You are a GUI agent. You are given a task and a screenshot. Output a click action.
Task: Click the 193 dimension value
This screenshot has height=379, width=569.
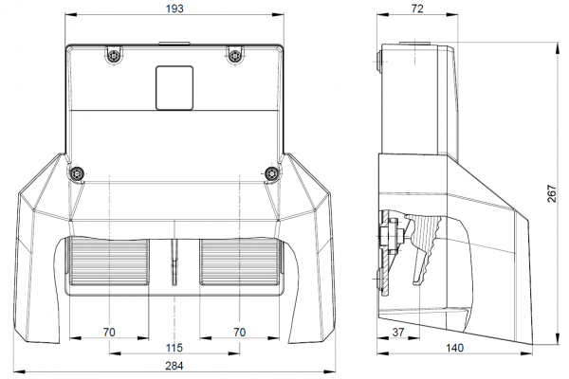pos(174,9)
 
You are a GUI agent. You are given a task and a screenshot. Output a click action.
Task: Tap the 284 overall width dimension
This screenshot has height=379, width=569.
pos(174,366)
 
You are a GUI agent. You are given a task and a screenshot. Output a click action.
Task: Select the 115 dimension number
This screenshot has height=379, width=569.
pos(174,348)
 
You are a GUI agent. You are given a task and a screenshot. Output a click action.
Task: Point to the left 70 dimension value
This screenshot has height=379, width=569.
pos(109,333)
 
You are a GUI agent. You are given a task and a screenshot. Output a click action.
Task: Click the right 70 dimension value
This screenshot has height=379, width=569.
pos(240,333)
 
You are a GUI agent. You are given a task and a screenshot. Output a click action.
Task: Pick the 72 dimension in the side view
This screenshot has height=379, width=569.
pos(417,9)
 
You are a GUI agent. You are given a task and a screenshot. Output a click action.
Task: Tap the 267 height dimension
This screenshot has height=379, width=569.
pos(552,193)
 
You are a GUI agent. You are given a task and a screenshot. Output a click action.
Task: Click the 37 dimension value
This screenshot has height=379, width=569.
pos(398,333)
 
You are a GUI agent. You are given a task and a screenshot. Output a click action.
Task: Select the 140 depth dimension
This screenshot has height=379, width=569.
pos(454,348)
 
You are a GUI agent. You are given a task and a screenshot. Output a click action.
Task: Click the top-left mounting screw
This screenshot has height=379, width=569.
pos(115,56)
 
